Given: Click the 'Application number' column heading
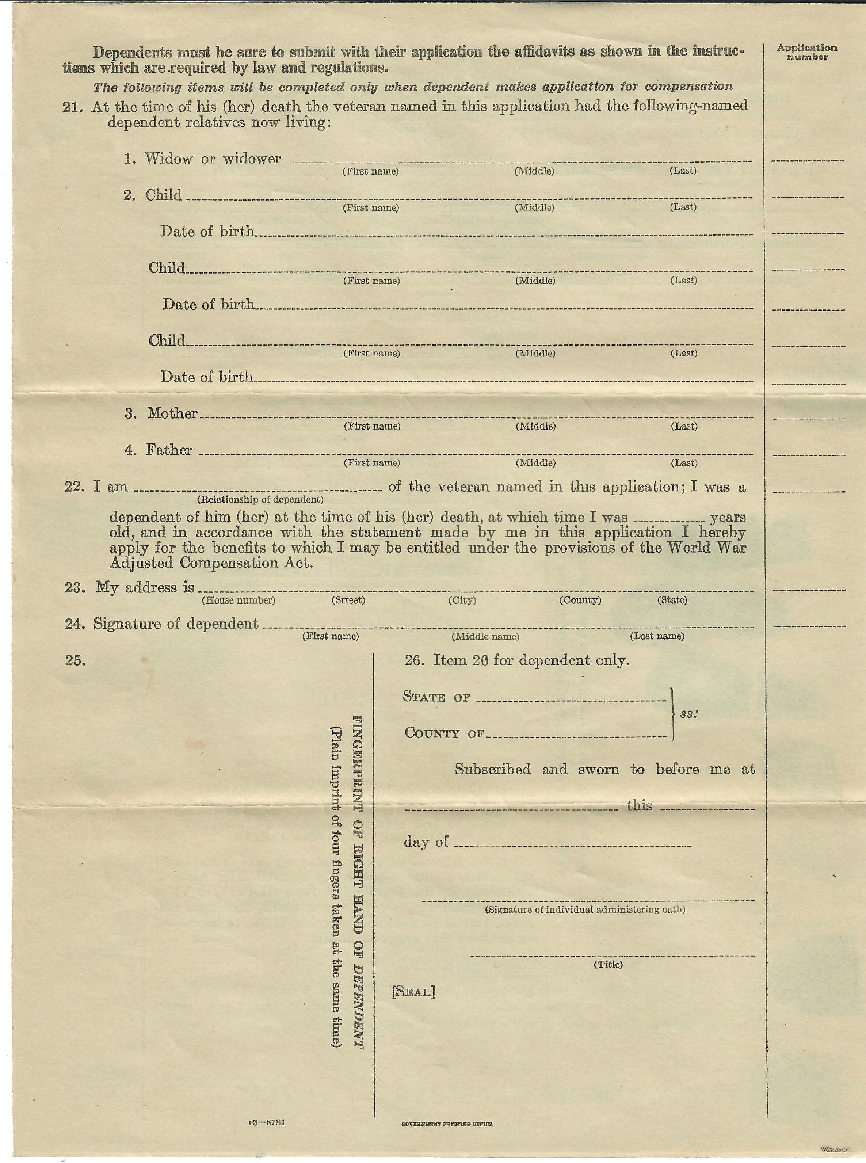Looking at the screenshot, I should [807, 52].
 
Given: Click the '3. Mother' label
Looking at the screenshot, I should [161, 413].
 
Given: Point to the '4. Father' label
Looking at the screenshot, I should [159, 450].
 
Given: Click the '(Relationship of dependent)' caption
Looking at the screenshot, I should [260, 499].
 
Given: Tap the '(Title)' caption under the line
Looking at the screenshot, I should [608, 964].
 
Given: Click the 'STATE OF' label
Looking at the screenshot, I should [437, 697].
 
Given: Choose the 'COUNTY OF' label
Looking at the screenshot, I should [445, 733].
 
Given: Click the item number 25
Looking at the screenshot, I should [75, 660].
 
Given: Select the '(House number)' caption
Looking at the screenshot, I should [239, 600].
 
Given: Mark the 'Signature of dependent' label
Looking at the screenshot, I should [176, 624].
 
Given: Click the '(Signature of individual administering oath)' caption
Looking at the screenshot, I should [585, 910].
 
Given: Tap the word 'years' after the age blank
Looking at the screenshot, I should [728, 517].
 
